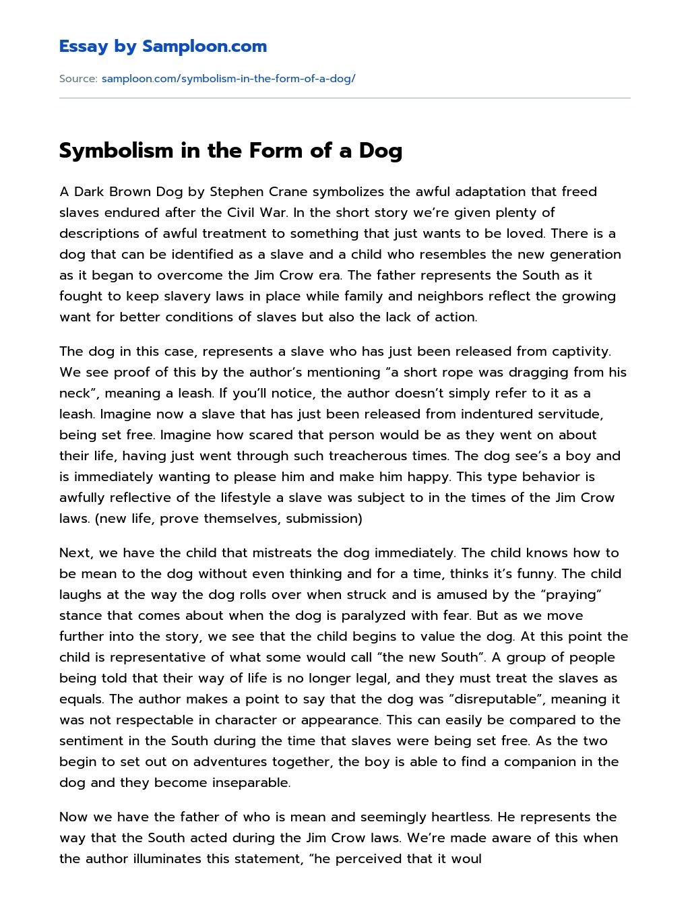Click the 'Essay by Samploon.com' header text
[162, 46]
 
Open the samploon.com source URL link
[228, 79]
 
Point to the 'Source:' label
[78, 79]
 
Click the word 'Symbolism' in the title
[116, 150]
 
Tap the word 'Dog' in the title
[380, 150]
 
